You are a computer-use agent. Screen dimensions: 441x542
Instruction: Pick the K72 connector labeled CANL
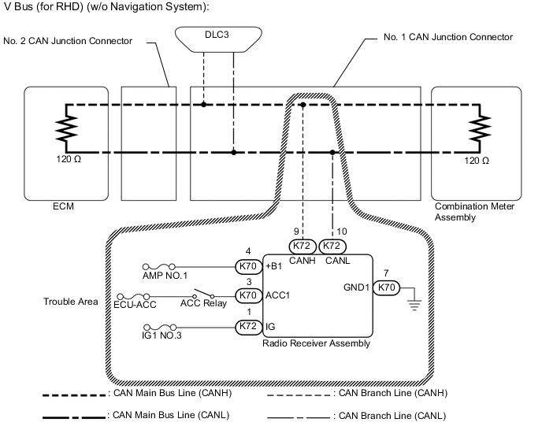332,245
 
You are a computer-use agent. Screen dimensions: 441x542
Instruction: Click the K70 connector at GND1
386,287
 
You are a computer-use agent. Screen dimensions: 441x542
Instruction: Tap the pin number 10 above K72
341,232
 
